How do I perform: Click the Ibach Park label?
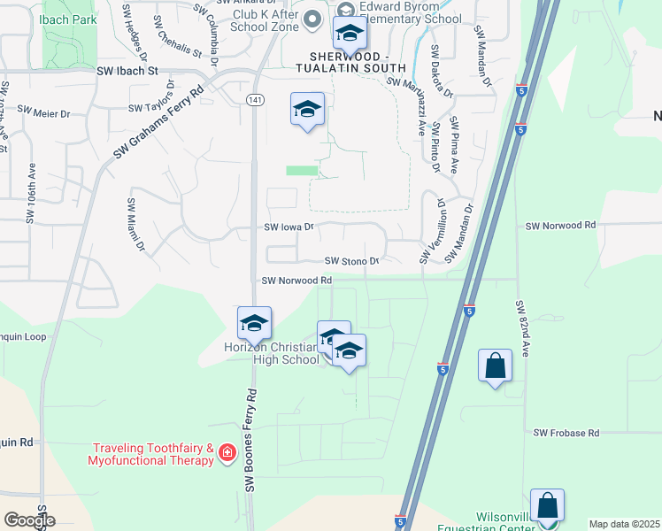coord(73,19)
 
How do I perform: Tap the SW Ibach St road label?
coord(127,69)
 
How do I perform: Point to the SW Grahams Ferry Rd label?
coord(159,122)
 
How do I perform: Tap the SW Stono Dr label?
coord(351,261)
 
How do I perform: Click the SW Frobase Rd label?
coord(566,433)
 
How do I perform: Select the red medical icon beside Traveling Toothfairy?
coord(227,454)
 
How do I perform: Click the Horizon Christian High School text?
coord(272,353)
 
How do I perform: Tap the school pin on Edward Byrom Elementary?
coord(350,35)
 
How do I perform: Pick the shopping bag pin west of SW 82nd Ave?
coord(495,365)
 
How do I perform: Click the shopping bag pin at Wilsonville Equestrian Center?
coord(547,505)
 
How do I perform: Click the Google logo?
coord(29,520)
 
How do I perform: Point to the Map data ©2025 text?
coord(624,524)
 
